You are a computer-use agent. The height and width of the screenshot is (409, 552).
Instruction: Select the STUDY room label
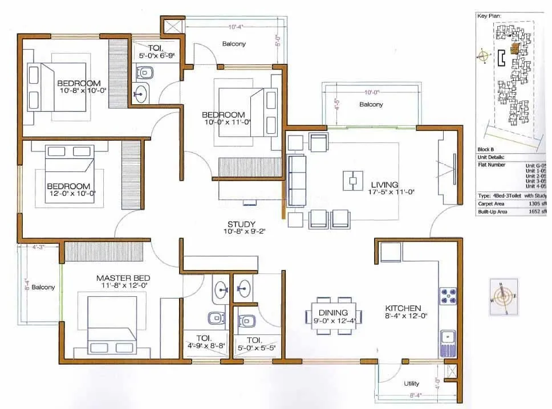[x=241, y=224]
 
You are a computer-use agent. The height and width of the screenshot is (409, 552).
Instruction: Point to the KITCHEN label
[x=403, y=308]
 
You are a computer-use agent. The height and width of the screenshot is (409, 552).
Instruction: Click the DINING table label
[x=334, y=312]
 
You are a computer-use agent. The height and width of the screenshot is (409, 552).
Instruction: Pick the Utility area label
[x=412, y=384]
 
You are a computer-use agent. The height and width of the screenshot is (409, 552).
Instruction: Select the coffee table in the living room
[x=353, y=181]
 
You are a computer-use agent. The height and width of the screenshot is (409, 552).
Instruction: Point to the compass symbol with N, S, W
[x=502, y=296]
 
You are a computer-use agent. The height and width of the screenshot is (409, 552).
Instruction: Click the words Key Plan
[x=489, y=16]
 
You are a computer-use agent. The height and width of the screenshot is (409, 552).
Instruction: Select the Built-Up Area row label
[x=493, y=212]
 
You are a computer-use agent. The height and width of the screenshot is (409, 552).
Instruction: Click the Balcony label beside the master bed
[x=43, y=287]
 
